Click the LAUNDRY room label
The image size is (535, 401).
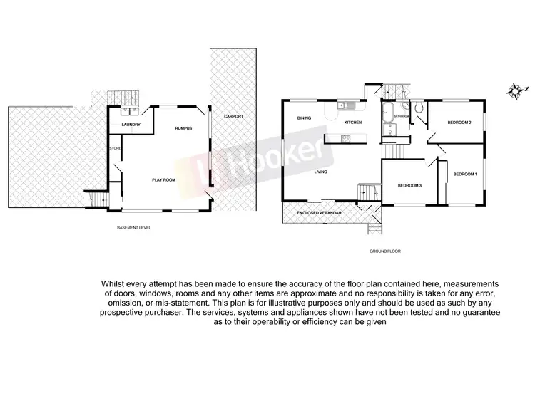(131, 125)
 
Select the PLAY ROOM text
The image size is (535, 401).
(164, 180)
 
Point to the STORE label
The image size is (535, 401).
(114, 148)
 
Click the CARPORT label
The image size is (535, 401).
(233, 115)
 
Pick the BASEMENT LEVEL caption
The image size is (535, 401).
(133, 228)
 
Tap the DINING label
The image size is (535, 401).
(305, 118)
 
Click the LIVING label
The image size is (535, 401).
(325, 172)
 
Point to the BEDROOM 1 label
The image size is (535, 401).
(465, 174)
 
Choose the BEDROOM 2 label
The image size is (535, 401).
(459, 123)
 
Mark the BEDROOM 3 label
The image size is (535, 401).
(410, 186)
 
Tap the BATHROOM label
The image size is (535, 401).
(401, 116)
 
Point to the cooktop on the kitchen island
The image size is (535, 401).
(346, 139)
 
